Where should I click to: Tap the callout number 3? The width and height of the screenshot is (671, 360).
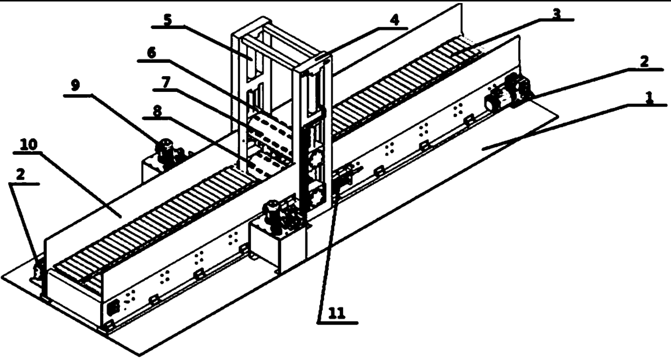click(556, 14)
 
